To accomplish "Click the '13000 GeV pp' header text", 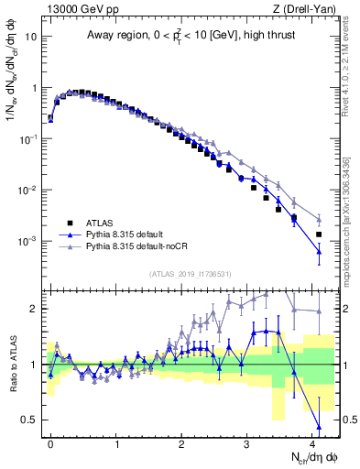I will coord(80,10).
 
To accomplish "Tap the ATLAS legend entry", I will coord(100,222).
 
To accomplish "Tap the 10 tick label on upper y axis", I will coord(31,38).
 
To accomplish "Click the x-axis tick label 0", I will coord(50,443).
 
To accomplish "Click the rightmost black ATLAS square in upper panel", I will coord(319,234).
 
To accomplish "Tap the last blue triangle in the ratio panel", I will coord(319,427).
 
